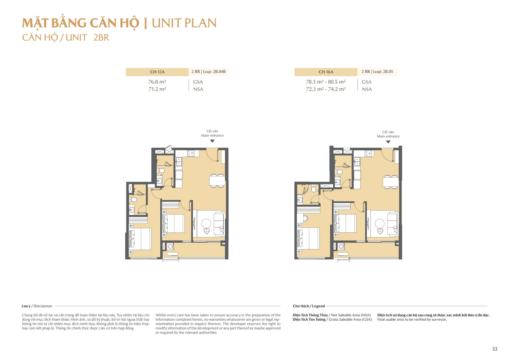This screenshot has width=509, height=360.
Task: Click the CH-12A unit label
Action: [157, 72]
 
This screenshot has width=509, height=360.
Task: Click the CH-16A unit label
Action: [326, 72]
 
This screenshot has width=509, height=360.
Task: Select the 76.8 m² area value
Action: [157, 82]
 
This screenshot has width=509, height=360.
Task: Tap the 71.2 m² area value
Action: [157, 89]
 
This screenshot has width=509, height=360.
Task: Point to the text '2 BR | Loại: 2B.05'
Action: [377, 72]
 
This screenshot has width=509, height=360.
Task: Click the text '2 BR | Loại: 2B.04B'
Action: [208, 72]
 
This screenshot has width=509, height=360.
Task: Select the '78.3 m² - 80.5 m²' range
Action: [325, 82]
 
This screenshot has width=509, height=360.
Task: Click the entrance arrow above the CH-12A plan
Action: [212, 141]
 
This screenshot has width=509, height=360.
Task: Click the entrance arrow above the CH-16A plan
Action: [388, 142]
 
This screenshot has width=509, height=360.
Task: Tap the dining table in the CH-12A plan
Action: [217, 181]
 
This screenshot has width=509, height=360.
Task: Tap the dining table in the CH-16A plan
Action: [391, 182]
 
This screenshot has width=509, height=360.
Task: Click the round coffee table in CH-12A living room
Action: [206, 224]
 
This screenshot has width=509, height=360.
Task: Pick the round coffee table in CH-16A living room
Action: [380, 224]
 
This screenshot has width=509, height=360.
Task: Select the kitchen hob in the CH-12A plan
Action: [191, 153]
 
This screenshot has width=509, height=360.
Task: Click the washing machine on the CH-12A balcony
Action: [170, 247]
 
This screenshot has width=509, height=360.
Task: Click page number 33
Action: [494, 349]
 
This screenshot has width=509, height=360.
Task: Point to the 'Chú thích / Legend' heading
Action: [309, 306]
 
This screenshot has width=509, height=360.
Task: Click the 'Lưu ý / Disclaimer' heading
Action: [37, 306]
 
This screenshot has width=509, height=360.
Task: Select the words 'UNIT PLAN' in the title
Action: [184, 23]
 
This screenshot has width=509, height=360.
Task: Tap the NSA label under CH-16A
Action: [367, 89]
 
